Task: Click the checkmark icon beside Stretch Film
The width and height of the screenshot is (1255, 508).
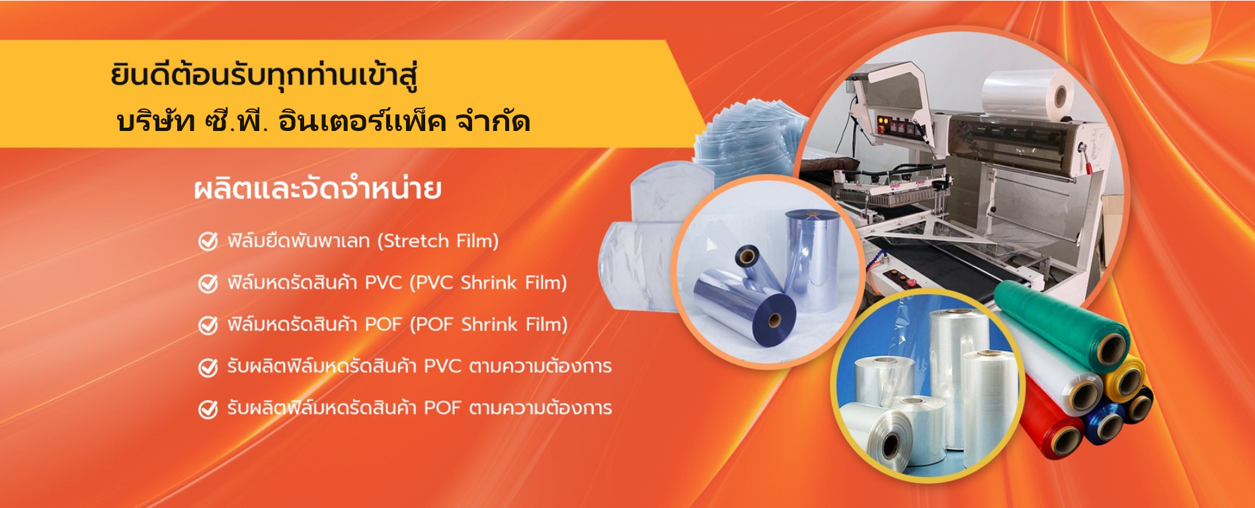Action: point(208,241)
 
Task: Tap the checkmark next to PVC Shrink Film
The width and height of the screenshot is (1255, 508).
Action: point(208,283)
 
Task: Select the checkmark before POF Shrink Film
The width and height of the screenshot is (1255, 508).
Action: point(208,325)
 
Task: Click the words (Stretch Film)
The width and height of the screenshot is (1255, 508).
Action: point(438,241)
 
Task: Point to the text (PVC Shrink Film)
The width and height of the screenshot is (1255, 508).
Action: point(489,283)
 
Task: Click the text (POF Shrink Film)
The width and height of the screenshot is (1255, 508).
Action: point(489,325)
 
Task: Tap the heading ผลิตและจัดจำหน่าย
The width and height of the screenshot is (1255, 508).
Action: point(318,189)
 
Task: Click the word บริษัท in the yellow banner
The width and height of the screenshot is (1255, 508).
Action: point(155,121)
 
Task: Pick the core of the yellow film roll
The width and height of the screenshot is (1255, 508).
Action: point(1126,382)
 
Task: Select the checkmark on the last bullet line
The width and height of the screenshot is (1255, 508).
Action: point(208,409)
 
